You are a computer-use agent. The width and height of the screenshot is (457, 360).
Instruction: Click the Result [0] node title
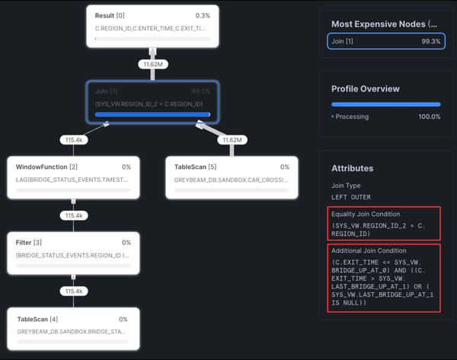tap(110, 15)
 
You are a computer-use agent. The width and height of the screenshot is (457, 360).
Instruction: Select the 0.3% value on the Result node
tap(203, 15)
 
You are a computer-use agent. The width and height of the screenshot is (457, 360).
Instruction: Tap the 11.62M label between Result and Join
tap(153, 65)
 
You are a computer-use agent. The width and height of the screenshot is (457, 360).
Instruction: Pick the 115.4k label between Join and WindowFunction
tap(74, 141)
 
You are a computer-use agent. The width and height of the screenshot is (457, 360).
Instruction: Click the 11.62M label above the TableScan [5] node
tap(231, 141)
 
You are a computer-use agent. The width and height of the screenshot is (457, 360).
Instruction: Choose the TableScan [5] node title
tap(196, 167)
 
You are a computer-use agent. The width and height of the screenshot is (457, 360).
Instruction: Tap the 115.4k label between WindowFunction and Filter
tap(74, 216)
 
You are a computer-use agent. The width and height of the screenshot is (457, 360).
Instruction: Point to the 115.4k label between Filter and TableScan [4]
tap(74, 291)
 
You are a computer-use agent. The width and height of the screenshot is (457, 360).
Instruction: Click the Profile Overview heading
tap(367, 88)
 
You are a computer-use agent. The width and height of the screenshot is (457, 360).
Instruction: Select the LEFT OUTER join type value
tap(351, 196)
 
